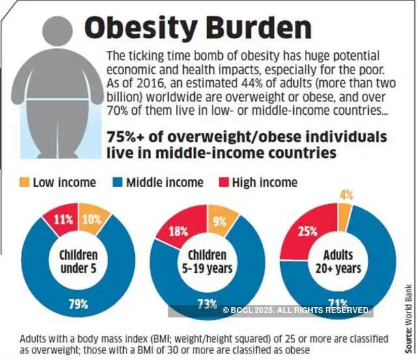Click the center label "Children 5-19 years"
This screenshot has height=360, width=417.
(x=207, y=261)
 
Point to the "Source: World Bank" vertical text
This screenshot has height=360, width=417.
(x=408, y=312)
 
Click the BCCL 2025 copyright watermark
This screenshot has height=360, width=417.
(x=296, y=310)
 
